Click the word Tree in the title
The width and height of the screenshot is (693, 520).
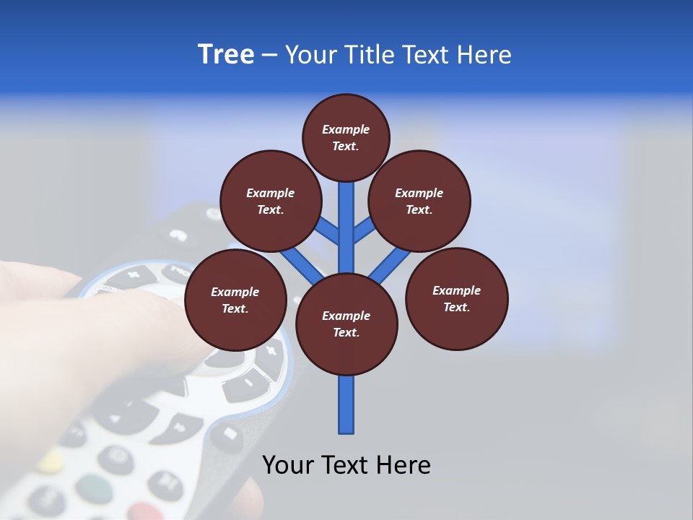pyautogui.click(x=226, y=55)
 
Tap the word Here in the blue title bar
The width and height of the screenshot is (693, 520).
pyautogui.click(x=482, y=55)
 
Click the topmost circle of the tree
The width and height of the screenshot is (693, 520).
pyautogui.click(x=346, y=138)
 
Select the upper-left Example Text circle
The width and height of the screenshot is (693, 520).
pyautogui.click(x=271, y=201)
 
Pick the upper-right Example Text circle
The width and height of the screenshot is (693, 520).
pyautogui.click(x=419, y=201)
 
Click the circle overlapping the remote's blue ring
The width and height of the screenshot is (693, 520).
pyautogui.click(x=235, y=300)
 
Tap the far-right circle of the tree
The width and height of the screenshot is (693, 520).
pyautogui.click(x=457, y=299)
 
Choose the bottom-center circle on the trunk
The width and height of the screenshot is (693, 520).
pyautogui.click(x=346, y=324)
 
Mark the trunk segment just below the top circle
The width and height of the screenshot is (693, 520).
pyautogui.click(x=346, y=209)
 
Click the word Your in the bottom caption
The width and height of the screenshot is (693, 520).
pyautogui.click(x=288, y=465)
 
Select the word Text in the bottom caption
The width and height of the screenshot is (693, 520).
pyautogui.click(x=346, y=465)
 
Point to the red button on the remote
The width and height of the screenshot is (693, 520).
pyautogui.click(x=147, y=511)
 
